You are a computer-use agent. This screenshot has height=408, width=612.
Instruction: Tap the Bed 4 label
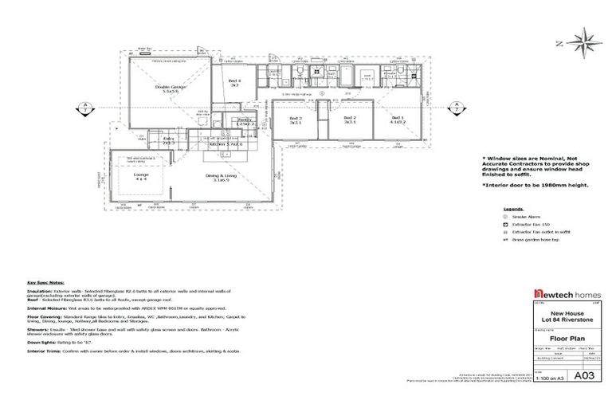(x=234, y=81)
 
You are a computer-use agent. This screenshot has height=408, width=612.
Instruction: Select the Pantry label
(x=245, y=120)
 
